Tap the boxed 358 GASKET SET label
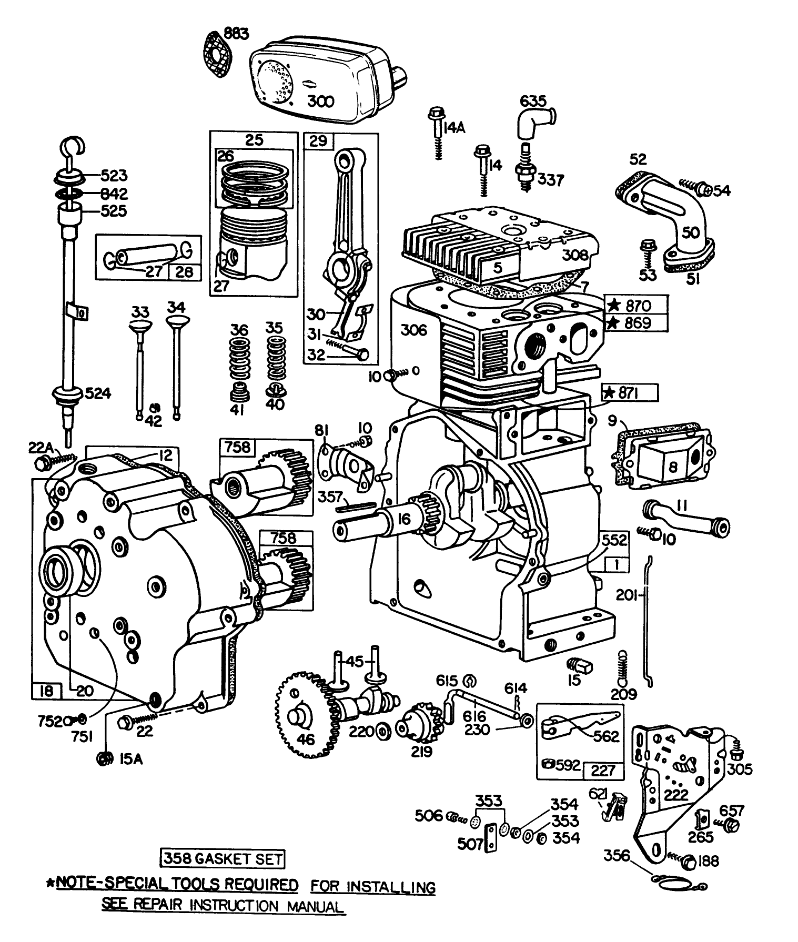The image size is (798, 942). pos(222,860)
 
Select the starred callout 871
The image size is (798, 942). pos(629,393)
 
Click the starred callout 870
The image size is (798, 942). pos(635,306)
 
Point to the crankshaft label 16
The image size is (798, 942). pos(405,520)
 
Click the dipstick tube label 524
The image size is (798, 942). pos(97,393)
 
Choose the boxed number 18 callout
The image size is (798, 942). pos(46,691)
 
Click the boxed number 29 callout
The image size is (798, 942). pos(318,141)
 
